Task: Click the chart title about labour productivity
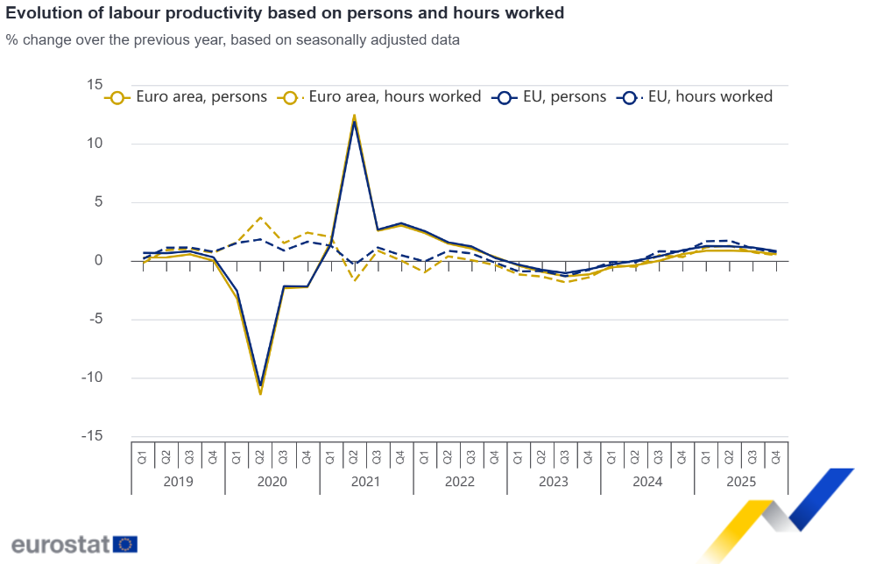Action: [285, 13]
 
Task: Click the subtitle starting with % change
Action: [232, 40]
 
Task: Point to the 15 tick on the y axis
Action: [95, 85]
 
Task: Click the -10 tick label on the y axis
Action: [92, 377]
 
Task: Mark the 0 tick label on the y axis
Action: [99, 261]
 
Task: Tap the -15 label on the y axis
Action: [92, 436]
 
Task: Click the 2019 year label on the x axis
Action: [178, 482]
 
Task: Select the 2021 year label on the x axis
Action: [365, 482]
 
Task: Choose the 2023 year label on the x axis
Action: [554, 482]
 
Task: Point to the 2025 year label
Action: [741, 482]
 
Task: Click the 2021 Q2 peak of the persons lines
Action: [354, 116]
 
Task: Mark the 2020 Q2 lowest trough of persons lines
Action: [260, 392]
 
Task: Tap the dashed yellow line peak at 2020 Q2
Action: [260, 217]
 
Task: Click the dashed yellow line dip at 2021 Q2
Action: [354, 280]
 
